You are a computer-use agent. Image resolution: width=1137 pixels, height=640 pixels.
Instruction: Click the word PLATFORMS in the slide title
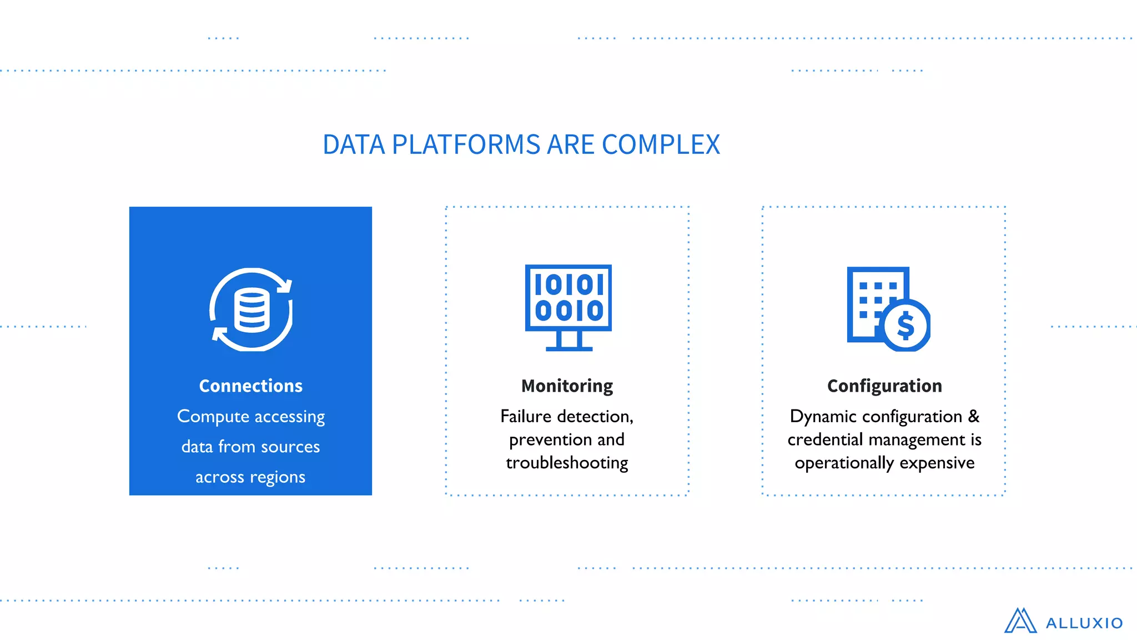(x=466, y=144)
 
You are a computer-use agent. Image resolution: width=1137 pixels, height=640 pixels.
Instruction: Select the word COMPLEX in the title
(x=661, y=144)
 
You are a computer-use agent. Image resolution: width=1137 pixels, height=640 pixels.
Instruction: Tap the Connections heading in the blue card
(x=251, y=386)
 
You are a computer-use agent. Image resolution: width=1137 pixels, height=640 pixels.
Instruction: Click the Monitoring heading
(x=567, y=386)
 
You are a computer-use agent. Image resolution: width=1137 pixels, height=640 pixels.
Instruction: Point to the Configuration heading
(x=884, y=386)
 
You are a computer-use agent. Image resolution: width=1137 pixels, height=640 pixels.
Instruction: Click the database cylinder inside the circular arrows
(x=251, y=310)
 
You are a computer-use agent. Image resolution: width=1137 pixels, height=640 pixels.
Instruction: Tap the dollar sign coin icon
(x=905, y=326)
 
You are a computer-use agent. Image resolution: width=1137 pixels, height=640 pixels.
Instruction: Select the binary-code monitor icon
(x=568, y=298)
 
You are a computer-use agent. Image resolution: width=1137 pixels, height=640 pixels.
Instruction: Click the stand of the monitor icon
(x=569, y=341)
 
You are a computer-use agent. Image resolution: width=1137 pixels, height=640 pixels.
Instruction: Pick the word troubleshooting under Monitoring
(x=567, y=463)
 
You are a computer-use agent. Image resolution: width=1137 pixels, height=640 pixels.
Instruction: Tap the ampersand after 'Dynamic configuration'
(x=974, y=416)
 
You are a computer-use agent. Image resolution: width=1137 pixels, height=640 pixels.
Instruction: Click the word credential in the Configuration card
(x=823, y=439)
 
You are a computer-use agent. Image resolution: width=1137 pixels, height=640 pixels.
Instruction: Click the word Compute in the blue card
(x=213, y=417)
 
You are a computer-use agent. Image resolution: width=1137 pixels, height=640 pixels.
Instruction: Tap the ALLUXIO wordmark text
(x=1084, y=623)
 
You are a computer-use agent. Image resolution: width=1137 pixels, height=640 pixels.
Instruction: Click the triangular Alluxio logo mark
(x=1020, y=621)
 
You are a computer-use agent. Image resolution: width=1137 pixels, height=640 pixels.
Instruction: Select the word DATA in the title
(x=354, y=144)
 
